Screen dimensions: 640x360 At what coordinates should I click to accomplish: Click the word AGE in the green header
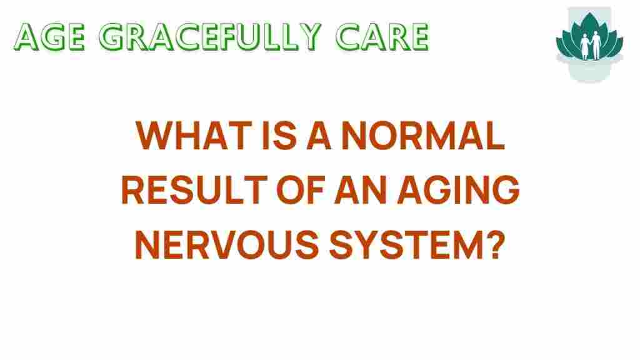49,37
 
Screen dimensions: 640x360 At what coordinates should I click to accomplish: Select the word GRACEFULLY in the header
210,37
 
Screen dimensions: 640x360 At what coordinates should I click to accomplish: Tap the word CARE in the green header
382,37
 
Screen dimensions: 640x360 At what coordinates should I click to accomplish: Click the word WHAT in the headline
194,136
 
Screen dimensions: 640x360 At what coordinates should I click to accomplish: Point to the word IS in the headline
279,136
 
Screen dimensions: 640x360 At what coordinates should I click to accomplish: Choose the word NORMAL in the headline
423,136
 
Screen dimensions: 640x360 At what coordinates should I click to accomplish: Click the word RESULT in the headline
194,190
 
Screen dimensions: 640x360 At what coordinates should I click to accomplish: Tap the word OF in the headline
301,190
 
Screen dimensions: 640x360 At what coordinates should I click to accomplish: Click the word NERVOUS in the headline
226,244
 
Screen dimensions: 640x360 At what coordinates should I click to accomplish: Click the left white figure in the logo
585,47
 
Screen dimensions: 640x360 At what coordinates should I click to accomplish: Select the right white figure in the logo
596,46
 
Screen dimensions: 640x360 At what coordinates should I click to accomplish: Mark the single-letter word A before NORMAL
319,136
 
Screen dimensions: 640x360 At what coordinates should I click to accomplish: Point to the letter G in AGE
50,37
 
